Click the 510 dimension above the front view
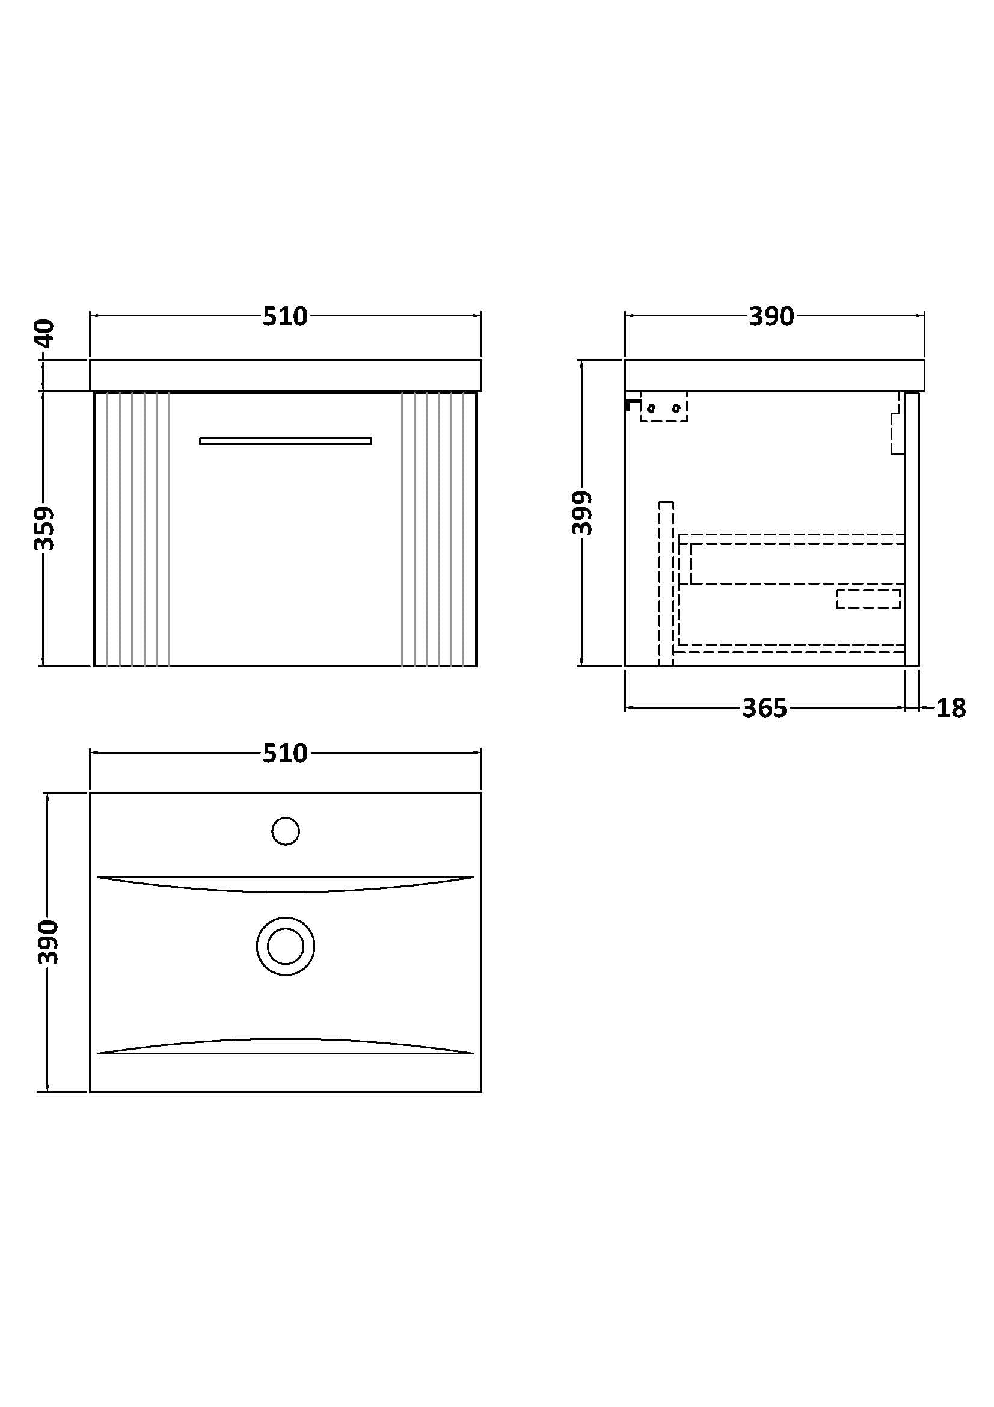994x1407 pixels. coord(285,317)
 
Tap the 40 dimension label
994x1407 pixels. coord(45,333)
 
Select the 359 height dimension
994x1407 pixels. coord(44,528)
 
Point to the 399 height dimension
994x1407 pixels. coord(582,513)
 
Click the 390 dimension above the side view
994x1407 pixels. coord(771,317)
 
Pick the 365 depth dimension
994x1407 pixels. coord(764,709)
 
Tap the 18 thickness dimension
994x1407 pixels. coord(951,709)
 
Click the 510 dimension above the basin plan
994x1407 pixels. coord(285,754)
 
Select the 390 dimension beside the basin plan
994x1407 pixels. coord(48,942)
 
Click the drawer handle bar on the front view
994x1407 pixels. coord(286,440)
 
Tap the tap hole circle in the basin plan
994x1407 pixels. coord(286,831)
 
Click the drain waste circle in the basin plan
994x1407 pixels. coord(286,946)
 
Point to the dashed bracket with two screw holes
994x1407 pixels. coord(664,406)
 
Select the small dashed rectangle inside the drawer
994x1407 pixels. coord(868,599)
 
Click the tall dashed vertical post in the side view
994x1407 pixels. coord(666,583)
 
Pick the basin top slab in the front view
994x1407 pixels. coord(286,375)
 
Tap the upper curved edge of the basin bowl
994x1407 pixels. coord(286,884)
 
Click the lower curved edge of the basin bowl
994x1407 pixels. coord(286,1046)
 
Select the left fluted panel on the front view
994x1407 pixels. coord(132,529)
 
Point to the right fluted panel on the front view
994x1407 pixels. coord(439,529)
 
